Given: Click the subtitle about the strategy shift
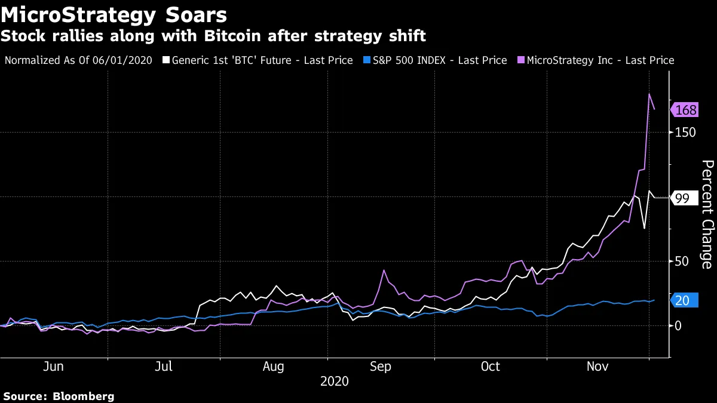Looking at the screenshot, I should click(213, 36).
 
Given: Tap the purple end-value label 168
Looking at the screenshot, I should click(686, 110).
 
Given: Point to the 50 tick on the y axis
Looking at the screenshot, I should click(682, 261).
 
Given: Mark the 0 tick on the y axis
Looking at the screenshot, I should click(678, 326).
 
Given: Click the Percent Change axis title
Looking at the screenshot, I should click(707, 214).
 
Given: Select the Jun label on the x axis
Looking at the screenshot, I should click(54, 367).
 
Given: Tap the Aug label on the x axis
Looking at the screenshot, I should click(273, 367).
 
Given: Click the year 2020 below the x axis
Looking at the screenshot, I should click(335, 381).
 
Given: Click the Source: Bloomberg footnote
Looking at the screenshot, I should click(58, 396).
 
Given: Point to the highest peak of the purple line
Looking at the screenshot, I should click(649, 94).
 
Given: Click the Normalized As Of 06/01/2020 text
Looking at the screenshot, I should click(78, 60).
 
